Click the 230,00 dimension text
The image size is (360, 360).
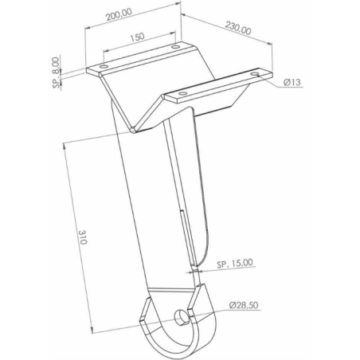[238, 28]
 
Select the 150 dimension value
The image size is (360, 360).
[138, 37]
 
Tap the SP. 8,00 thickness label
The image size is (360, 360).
[56, 72]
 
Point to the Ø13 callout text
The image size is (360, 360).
[292, 82]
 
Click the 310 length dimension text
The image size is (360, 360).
[83, 237]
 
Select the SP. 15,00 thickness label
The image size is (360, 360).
[235, 264]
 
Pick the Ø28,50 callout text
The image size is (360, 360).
[244, 305]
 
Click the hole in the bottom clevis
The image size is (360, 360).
[181, 316]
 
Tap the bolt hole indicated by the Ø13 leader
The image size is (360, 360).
[256, 73]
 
